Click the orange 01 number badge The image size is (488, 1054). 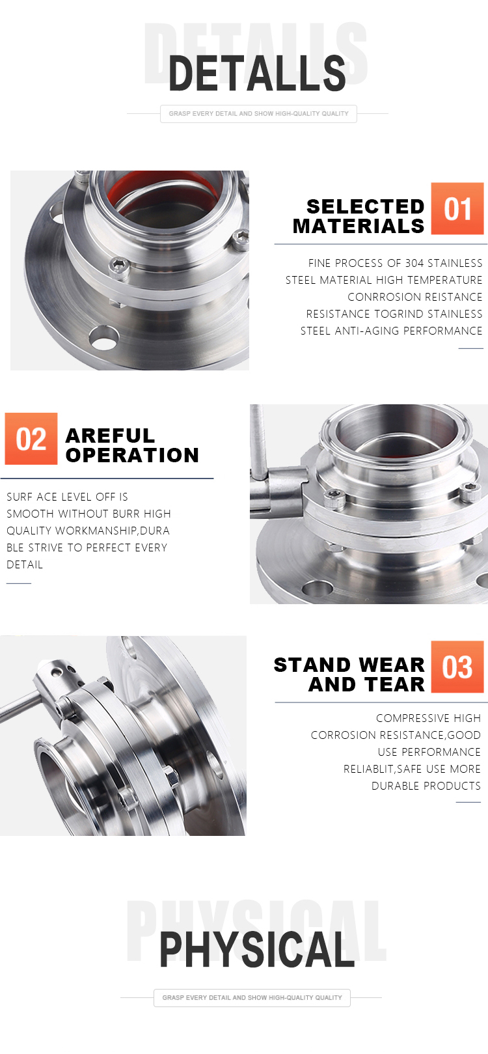pos(457,208)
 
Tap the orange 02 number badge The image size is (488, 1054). pos(31,439)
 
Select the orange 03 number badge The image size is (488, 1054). pos(457,666)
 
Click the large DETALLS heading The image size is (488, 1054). pos(257,73)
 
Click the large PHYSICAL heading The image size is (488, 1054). pos(257,949)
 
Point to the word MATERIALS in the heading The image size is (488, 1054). pos(359,227)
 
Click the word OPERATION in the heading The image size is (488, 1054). pos(132,455)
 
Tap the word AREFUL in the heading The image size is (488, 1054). pos(110,436)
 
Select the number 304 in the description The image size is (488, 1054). pos(414,263)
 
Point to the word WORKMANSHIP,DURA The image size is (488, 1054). pos(113,531)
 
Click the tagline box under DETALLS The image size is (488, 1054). pos(258,114)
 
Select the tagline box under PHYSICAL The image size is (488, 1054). pos(252,997)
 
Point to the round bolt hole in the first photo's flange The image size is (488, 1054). pos(104,338)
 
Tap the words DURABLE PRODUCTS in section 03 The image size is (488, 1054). pos(426,786)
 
